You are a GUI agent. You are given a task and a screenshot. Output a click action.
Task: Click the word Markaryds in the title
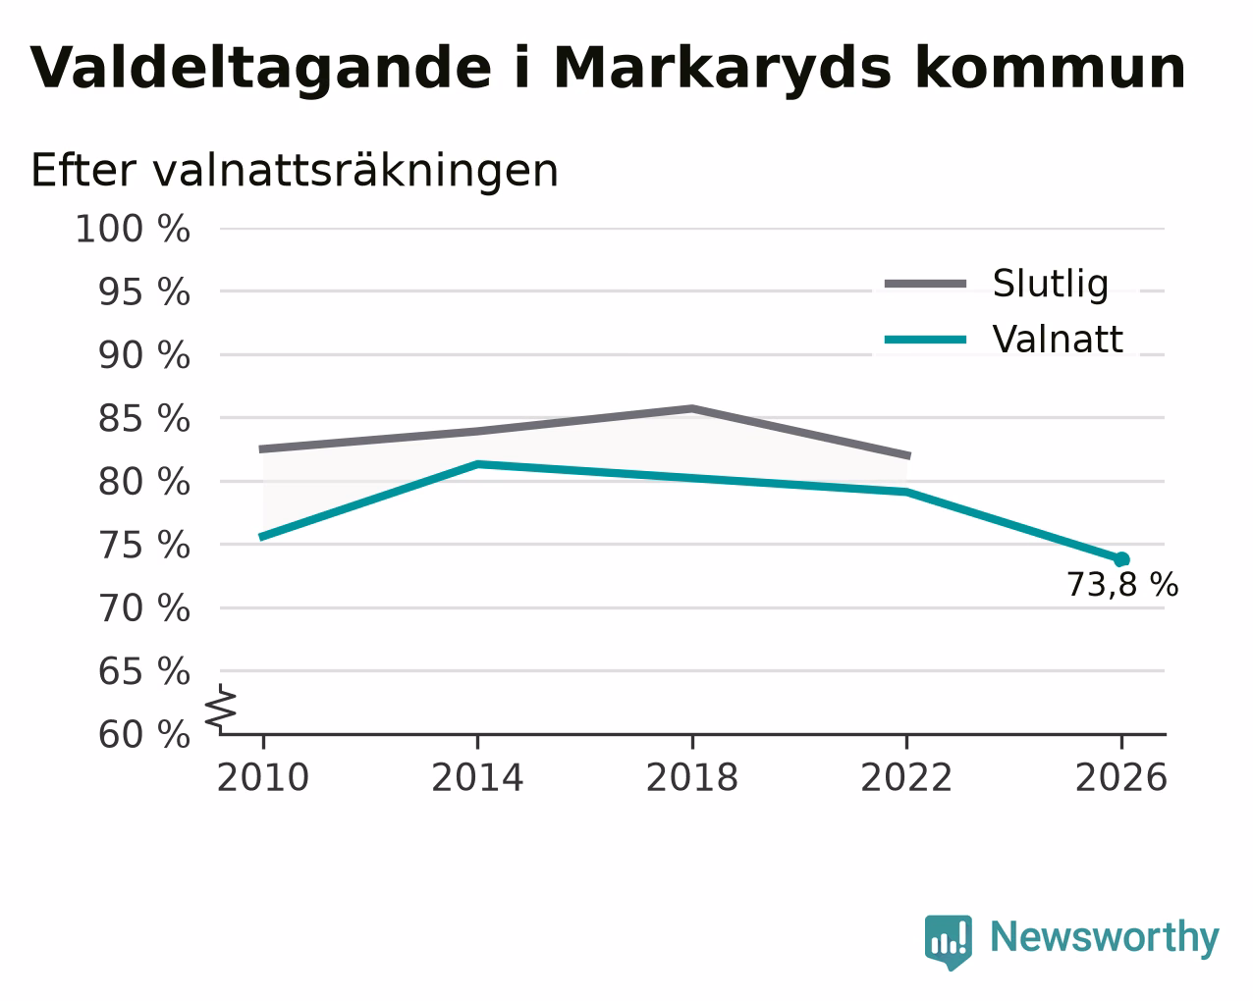pos(722,70)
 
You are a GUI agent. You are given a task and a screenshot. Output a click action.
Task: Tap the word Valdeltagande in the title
pos(260,70)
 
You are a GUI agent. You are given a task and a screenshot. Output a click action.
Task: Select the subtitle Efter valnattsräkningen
pos(294,171)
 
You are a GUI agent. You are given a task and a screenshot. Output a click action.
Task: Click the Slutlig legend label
pos(1050,285)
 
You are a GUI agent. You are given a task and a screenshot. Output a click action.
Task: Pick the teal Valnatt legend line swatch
pos(925,340)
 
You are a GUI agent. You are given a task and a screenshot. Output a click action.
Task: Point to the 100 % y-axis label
pos(133,229)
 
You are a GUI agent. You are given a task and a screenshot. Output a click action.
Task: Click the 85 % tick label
pos(143,418)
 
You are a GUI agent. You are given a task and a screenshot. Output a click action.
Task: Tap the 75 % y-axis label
pos(143,546)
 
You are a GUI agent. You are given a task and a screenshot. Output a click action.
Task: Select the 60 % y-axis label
pos(143,734)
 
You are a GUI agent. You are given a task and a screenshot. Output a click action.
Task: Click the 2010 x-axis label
pos(263,777)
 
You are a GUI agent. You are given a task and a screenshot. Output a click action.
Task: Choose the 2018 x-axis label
pos(692,777)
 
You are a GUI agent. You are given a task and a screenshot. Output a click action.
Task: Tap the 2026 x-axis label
pos(1120,777)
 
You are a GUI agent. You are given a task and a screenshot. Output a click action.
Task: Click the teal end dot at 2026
pos(1121,559)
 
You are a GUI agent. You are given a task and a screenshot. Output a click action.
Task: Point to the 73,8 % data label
pos(1122,585)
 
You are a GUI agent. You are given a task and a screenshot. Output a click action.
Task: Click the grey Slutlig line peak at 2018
pos(692,408)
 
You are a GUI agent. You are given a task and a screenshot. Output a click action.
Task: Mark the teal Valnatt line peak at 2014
pos(477,464)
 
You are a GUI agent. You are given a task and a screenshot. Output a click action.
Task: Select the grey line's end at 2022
pos(908,455)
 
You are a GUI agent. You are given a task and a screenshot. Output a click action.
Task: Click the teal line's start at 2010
pos(261,537)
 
